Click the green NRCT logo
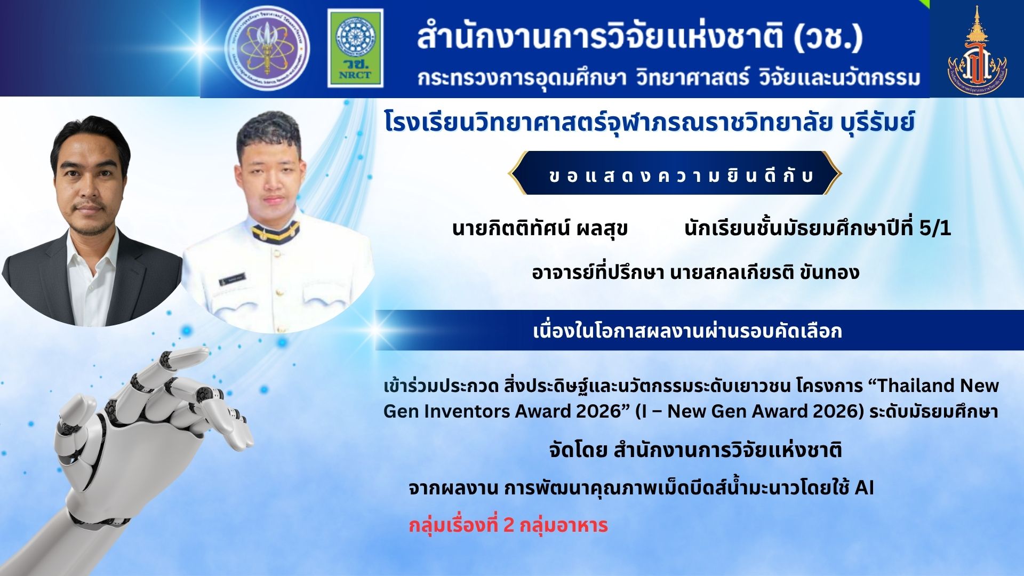point(355,48)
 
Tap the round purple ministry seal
point(267,48)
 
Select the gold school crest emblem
point(977,51)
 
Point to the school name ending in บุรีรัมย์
point(649,123)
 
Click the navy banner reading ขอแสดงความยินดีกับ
point(675,173)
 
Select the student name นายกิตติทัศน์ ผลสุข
point(540,228)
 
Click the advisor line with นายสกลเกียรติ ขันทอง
point(695,273)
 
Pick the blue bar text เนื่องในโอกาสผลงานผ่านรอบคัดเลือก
point(687,331)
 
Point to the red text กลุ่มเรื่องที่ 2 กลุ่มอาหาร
point(508,525)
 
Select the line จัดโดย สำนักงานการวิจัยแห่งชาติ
point(695,450)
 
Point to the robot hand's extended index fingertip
point(201,353)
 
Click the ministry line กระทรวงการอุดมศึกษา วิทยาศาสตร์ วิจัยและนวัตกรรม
point(669,78)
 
